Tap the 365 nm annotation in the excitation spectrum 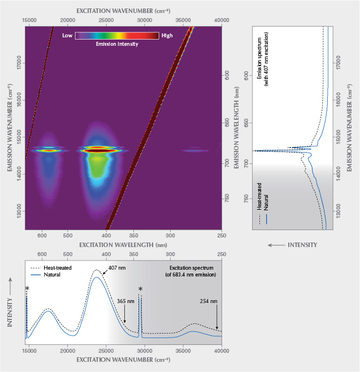(126, 301)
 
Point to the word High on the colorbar (167, 35)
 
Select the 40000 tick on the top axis (222, 19)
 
